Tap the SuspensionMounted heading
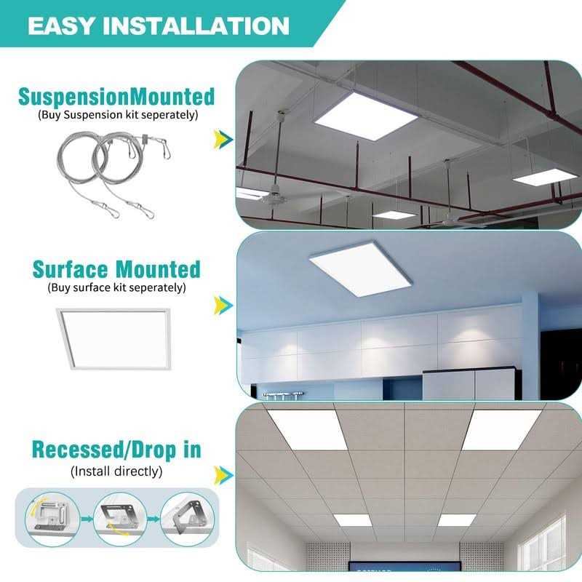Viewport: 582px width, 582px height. pyautogui.click(x=116, y=96)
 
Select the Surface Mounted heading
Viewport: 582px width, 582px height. pyautogui.click(x=116, y=269)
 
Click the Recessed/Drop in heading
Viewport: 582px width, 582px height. pyautogui.click(x=116, y=449)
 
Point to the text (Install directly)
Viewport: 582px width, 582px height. pyautogui.click(x=116, y=471)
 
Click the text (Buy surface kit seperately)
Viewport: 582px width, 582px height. pyautogui.click(x=116, y=287)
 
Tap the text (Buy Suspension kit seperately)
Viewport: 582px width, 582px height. pyautogui.click(x=116, y=114)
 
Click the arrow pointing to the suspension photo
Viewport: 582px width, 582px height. pyautogui.click(x=223, y=138)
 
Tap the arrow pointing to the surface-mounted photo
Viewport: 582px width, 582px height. pyautogui.click(x=223, y=306)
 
